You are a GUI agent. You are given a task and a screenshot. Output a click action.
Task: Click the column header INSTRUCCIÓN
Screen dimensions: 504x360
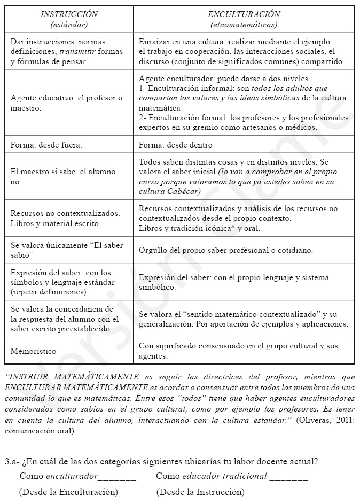[69, 14]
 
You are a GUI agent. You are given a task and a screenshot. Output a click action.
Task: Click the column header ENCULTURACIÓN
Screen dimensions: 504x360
[244, 14]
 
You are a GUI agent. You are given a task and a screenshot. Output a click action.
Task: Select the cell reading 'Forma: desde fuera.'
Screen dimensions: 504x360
[46, 145]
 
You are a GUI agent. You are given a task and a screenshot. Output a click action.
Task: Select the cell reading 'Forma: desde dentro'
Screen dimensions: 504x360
[175, 145]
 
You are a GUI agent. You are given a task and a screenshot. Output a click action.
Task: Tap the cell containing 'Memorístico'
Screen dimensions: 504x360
[33, 351]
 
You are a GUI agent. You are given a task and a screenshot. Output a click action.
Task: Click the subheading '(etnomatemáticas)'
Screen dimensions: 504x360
[244, 25]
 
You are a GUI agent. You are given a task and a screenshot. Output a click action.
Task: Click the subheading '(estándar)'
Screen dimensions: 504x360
[69, 25]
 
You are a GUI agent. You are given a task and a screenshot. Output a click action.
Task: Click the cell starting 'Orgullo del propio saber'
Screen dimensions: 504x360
[225, 250]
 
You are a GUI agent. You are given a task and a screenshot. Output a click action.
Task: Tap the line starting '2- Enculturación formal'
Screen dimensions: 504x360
[243, 118]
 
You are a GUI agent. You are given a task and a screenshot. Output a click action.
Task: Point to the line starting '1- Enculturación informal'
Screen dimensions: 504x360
[233, 88]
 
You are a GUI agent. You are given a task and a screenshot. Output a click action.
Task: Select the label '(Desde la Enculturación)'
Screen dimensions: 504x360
[68, 492]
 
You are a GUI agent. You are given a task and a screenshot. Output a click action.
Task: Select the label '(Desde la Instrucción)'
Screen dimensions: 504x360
[200, 492]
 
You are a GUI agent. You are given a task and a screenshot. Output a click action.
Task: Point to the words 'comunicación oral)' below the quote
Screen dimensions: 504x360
[40, 430]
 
